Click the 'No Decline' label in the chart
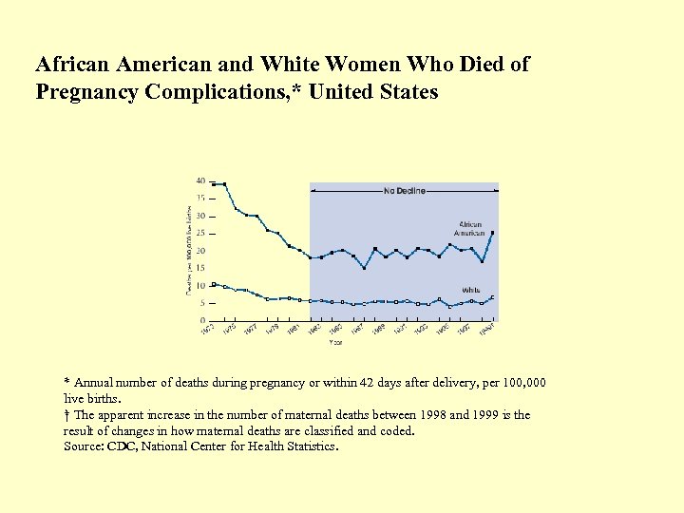point(405,191)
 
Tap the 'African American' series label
point(468,229)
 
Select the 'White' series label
point(470,290)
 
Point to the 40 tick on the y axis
point(200,180)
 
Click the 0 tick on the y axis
point(202,320)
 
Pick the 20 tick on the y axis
point(200,251)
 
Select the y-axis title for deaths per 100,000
point(188,249)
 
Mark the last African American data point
point(492,233)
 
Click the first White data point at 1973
point(214,284)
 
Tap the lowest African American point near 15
point(364,269)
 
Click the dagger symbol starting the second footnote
point(66,415)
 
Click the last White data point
point(492,298)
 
